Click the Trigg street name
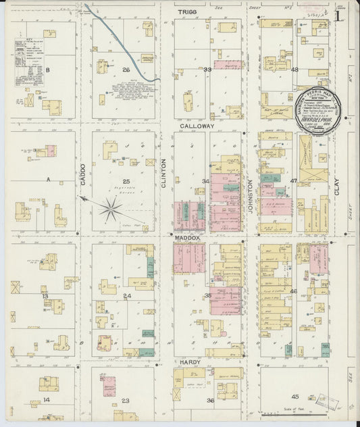[186, 12]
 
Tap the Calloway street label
[197, 126]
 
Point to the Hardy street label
[190, 362]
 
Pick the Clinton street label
[164, 172]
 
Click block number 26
[126, 70]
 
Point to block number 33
[208, 70]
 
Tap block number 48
[294, 70]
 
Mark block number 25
[126, 181]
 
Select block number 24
[126, 295]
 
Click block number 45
[294, 397]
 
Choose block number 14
[47, 400]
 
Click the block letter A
[48, 180]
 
